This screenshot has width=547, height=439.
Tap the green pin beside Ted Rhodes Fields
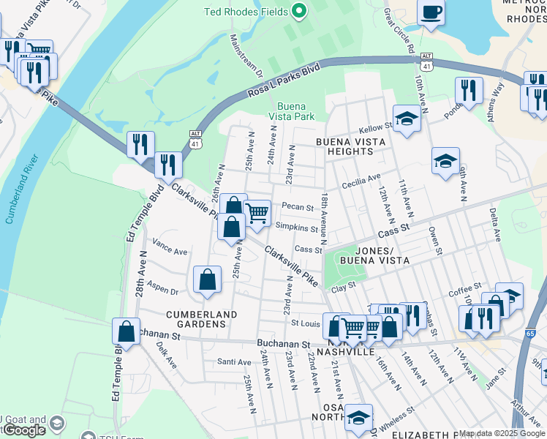click(298, 11)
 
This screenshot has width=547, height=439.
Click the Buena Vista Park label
click(290, 111)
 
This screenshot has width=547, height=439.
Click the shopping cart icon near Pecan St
click(257, 213)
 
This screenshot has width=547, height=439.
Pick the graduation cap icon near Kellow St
click(406, 119)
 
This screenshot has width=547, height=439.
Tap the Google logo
click(23, 429)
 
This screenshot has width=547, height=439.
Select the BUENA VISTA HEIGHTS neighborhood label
click(344, 146)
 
